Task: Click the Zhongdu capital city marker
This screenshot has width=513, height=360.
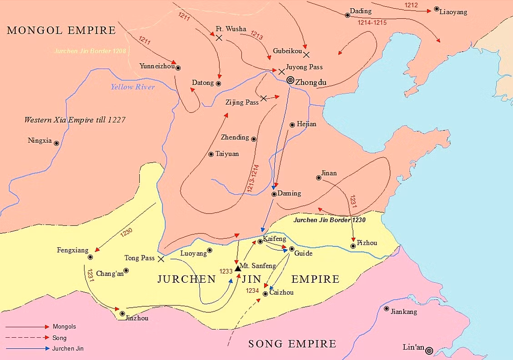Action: click(x=290, y=80)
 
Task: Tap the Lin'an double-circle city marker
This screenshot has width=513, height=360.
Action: click(x=428, y=350)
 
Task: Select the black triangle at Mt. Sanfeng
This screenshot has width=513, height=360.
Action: click(x=237, y=269)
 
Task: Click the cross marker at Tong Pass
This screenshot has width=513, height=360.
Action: click(x=161, y=259)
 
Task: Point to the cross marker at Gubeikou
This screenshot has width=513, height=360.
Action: click(x=306, y=55)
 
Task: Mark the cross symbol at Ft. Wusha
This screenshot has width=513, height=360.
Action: click(x=219, y=38)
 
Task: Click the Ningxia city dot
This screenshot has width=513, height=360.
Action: click(x=56, y=143)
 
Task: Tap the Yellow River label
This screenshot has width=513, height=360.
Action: click(x=132, y=87)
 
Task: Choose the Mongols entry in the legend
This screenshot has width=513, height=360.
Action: click(x=64, y=326)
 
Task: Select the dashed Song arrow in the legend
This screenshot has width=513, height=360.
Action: click(x=27, y=338)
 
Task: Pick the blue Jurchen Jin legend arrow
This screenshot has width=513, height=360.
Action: click(x=27, y=349)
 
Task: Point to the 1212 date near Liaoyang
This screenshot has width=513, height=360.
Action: click(x=411, y=5)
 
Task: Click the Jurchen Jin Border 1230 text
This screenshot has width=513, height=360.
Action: click(x=330, y=220)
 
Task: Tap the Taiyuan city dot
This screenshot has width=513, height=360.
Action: click(x=211, y=155)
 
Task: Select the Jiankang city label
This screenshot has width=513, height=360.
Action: click(x=404, y=312)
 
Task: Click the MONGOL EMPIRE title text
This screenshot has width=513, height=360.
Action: click(x=61, y=31)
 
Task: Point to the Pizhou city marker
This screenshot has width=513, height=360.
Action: click(x=353, y=246)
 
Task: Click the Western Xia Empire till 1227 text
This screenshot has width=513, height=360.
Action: click(x=75, y=120)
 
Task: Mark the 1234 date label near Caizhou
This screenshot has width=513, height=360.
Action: click(x=253, y=290)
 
